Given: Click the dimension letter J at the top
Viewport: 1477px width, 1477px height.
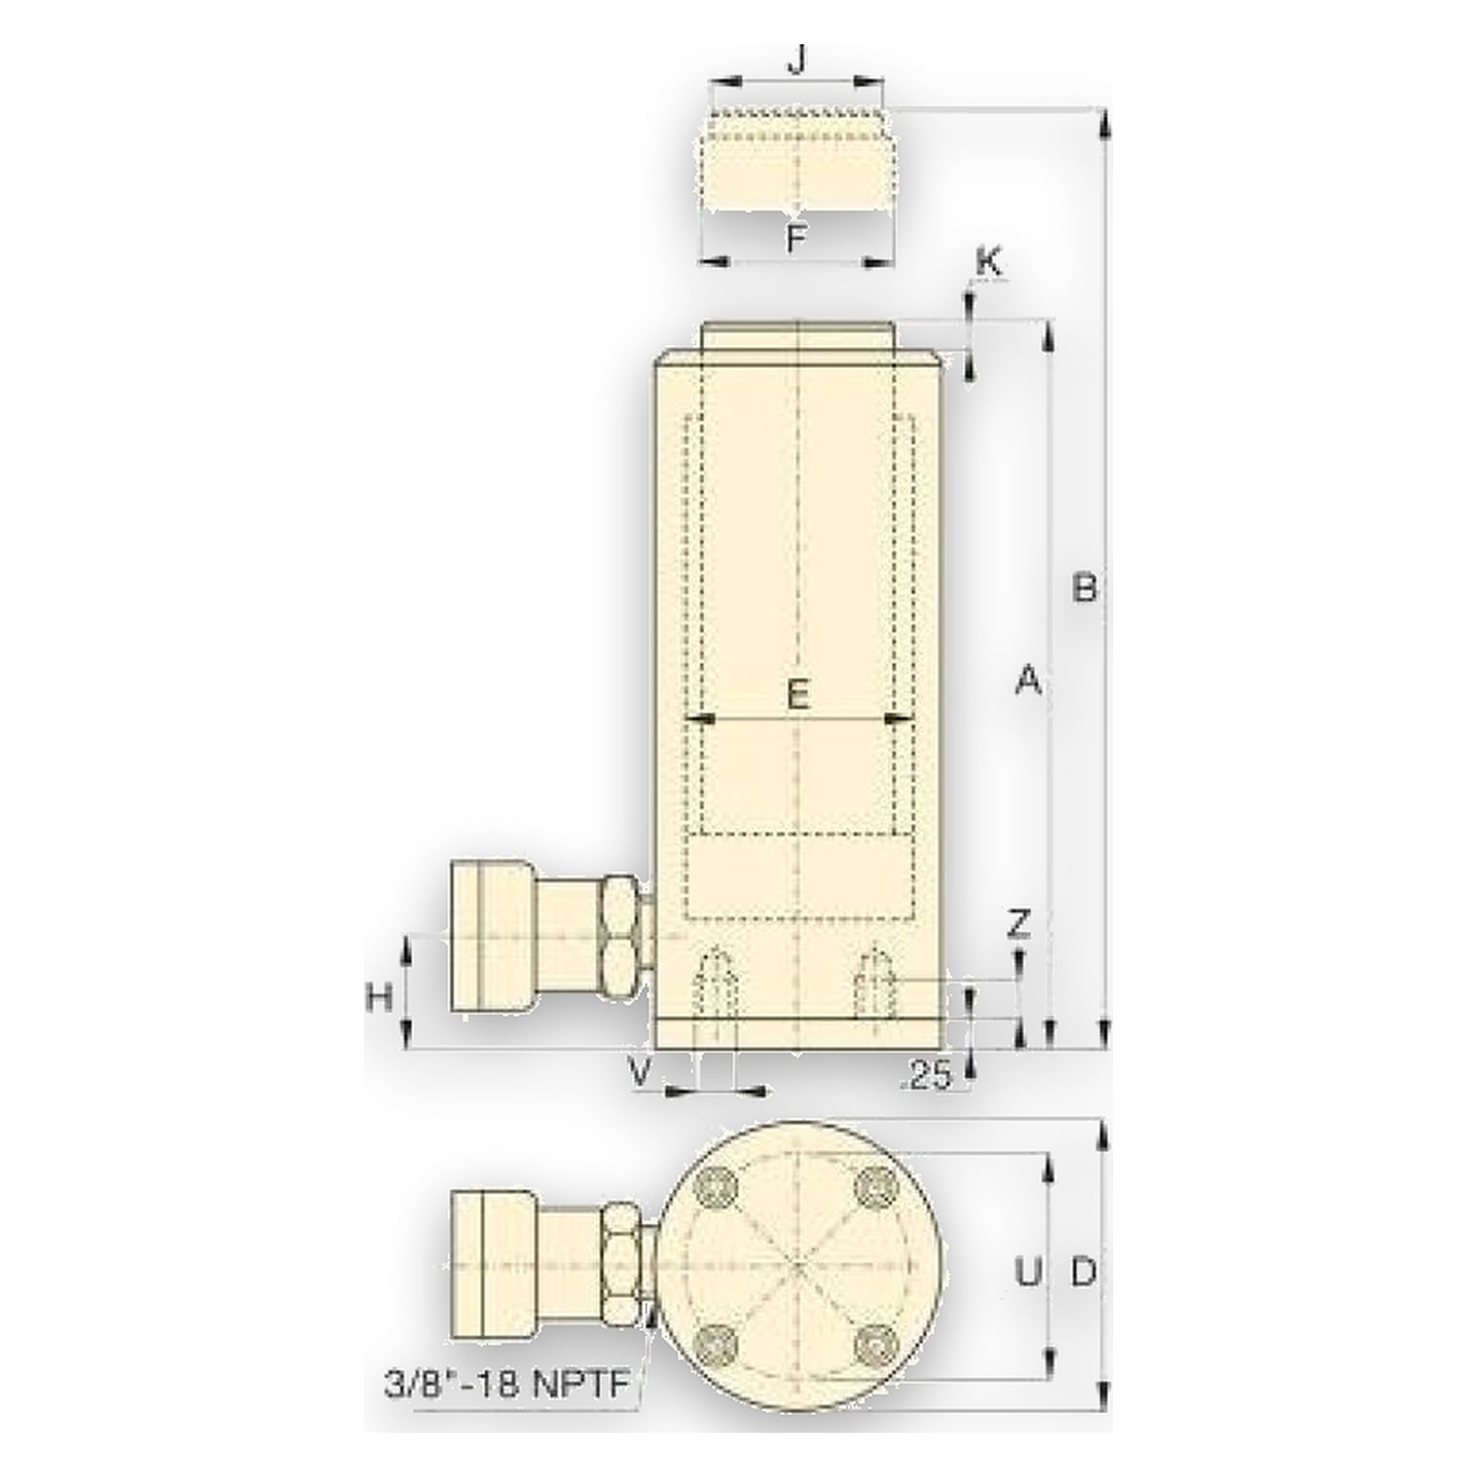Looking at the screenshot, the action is [x=797, y=60].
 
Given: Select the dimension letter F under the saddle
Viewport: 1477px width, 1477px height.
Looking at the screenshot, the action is [x=797, y=240].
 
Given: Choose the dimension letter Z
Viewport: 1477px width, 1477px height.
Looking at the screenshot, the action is [x=1019, y=925].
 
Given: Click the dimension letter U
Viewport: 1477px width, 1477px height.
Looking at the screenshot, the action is [x=1028, y=1272].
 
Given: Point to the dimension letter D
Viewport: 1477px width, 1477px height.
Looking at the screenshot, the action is [x=1084, y=1272].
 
